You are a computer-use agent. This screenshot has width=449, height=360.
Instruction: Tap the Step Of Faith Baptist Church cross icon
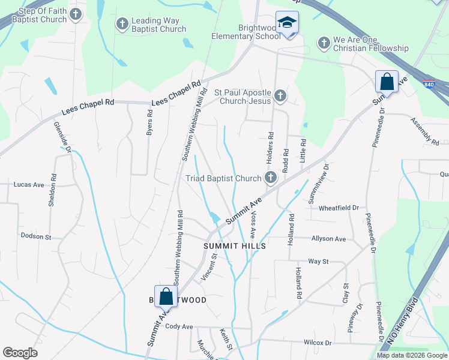(75, 14)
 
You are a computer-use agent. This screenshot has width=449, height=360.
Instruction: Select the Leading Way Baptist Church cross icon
(122, 25)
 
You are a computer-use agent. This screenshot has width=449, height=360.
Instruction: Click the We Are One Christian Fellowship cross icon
(324, 43)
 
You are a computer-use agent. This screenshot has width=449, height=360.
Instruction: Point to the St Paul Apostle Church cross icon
(280, 95)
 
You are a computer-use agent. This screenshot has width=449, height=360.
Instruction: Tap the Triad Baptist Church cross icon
(271, 177)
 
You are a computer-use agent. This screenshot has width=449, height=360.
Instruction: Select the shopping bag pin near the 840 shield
(387, 82)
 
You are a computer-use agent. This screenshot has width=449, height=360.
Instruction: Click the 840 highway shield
(429, 85)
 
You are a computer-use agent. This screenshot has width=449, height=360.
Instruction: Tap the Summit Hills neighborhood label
(234, 246)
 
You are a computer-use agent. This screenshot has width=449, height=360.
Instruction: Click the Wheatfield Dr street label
(339, 208)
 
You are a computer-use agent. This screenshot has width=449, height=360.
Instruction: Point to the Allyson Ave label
(328, 239)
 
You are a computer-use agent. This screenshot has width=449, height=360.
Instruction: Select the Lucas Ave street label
(29, 185)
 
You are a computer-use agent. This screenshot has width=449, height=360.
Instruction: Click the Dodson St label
(36, 236)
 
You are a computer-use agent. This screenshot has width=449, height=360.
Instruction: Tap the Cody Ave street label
(179, 326)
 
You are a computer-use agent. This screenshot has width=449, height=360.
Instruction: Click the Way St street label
(318, 262)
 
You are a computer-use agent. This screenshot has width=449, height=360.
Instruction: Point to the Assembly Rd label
(425, 131)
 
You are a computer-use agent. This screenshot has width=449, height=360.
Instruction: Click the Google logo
(20, 353)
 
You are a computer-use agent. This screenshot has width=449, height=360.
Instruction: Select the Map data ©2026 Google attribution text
(411, 355)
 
